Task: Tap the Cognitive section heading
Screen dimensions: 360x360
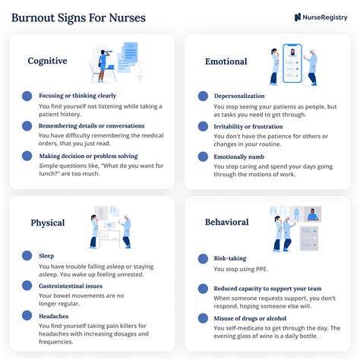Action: point(47,61)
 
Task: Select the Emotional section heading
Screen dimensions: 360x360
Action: point(226,61)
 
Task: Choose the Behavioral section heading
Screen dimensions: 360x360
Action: point(227,223)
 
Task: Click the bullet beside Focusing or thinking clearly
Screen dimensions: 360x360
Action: point(27,96)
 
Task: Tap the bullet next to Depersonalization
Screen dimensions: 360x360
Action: point(203,96)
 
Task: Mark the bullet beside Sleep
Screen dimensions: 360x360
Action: point(27,256)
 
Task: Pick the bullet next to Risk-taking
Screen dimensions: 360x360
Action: point(203,259)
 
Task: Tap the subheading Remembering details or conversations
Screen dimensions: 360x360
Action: point(91,126)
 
